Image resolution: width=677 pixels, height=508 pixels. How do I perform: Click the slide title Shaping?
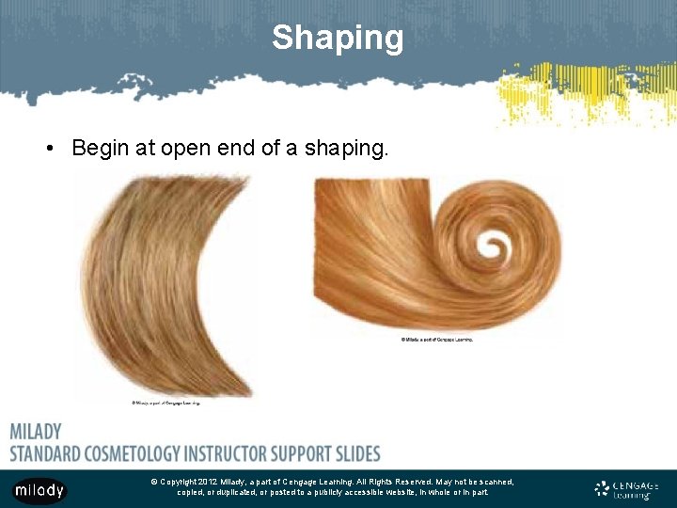338,38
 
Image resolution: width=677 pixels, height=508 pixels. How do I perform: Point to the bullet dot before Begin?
55,149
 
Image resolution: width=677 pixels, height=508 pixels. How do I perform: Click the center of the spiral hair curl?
491,246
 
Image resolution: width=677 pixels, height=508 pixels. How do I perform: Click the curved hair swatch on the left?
160,282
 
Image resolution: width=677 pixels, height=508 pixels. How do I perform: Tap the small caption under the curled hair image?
436,339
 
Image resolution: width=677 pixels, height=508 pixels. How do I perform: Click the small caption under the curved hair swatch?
165,403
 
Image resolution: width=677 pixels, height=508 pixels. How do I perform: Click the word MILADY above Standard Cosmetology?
36,432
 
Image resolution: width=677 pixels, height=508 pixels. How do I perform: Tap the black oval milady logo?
39,489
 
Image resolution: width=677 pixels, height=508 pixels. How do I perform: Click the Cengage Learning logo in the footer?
627,489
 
